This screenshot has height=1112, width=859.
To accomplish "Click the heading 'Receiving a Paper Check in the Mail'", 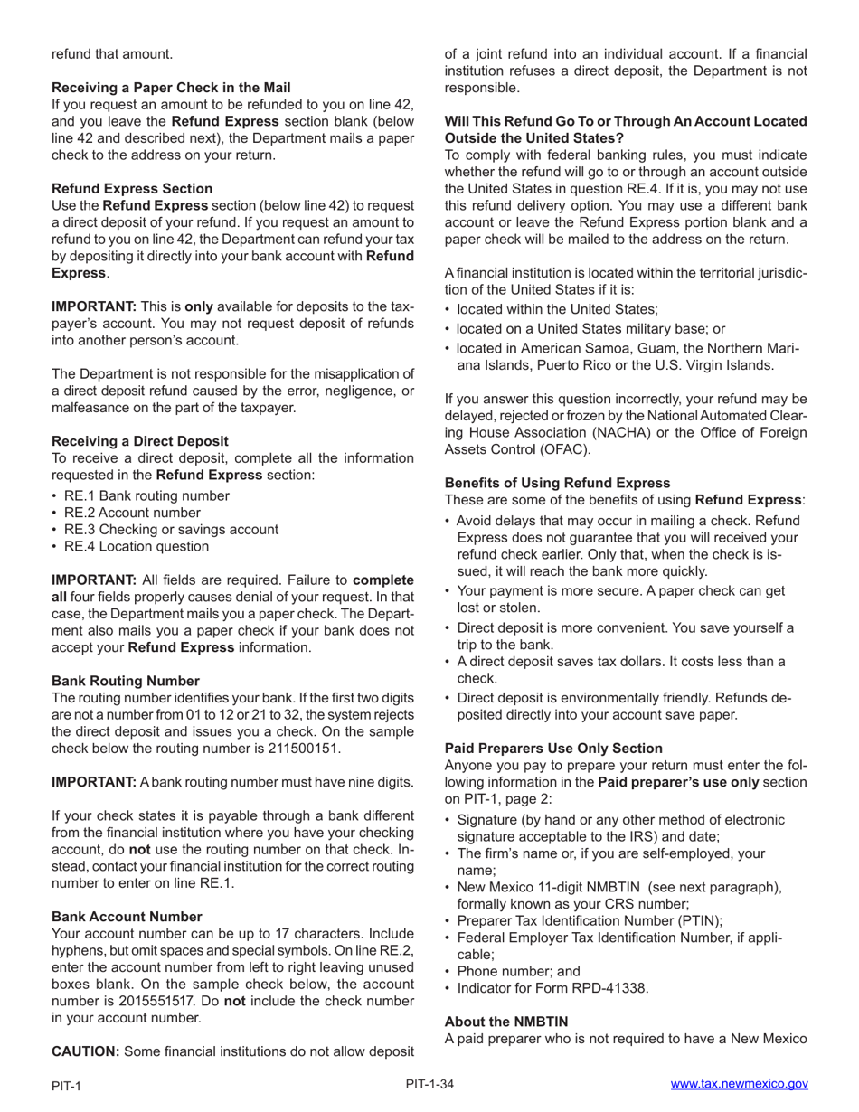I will point(171,88).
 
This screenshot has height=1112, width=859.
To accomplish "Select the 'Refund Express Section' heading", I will point(132,189).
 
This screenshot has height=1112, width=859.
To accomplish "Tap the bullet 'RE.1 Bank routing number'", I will point(146,496).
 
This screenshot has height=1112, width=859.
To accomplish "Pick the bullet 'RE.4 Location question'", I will point(136,546).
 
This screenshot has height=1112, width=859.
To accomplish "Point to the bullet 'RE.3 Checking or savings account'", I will point(171,530).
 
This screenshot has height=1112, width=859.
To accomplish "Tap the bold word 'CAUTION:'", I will point(86,1051).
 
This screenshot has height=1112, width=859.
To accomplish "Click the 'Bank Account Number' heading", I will point(127,917).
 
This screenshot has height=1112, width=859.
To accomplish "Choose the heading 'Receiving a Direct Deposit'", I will point(140,441).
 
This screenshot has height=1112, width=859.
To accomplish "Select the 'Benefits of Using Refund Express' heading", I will point(557,483).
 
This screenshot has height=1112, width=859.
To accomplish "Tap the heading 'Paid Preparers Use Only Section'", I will point(553,749).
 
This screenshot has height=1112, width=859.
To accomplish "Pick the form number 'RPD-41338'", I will point(612,988).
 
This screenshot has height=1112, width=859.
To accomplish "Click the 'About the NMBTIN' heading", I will point(505,1022).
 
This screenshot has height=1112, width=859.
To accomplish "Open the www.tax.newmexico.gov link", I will point(739,1084).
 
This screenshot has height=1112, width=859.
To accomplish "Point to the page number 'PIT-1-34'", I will point(429,1084).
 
